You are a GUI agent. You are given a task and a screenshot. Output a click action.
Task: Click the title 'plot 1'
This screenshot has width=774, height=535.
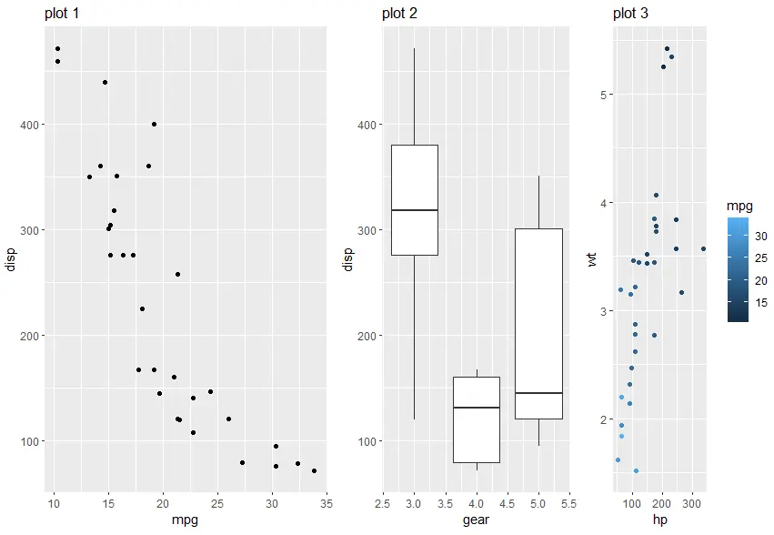pos(61,14)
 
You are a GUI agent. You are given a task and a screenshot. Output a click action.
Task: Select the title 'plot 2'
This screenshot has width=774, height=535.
pos(400,14)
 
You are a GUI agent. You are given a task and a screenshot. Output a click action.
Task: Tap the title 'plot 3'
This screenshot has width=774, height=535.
pos(630,14)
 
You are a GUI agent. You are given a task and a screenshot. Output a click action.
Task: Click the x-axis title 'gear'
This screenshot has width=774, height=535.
pos(477,520)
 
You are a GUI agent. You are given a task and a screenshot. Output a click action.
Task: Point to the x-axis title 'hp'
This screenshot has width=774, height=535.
pos(658,520)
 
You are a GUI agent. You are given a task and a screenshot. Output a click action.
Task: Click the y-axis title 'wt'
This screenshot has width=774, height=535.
pos(593,262)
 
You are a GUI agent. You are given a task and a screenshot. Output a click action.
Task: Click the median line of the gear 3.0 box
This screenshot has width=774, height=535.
pos(414,210)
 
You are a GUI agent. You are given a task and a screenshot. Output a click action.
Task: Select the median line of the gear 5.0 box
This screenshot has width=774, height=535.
pos(538,393)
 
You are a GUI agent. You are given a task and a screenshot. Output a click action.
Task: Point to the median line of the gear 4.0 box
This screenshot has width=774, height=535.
pos(477,408)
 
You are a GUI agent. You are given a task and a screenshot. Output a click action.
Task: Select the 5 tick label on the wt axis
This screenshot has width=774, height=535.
pos(601,94)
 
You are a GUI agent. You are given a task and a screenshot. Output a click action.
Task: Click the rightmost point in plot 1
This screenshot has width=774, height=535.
pos(314,470)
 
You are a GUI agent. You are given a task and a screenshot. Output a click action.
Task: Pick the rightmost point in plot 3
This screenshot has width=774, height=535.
pos(703,248)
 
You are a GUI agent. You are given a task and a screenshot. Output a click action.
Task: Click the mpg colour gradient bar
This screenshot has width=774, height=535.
pos(739,269)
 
